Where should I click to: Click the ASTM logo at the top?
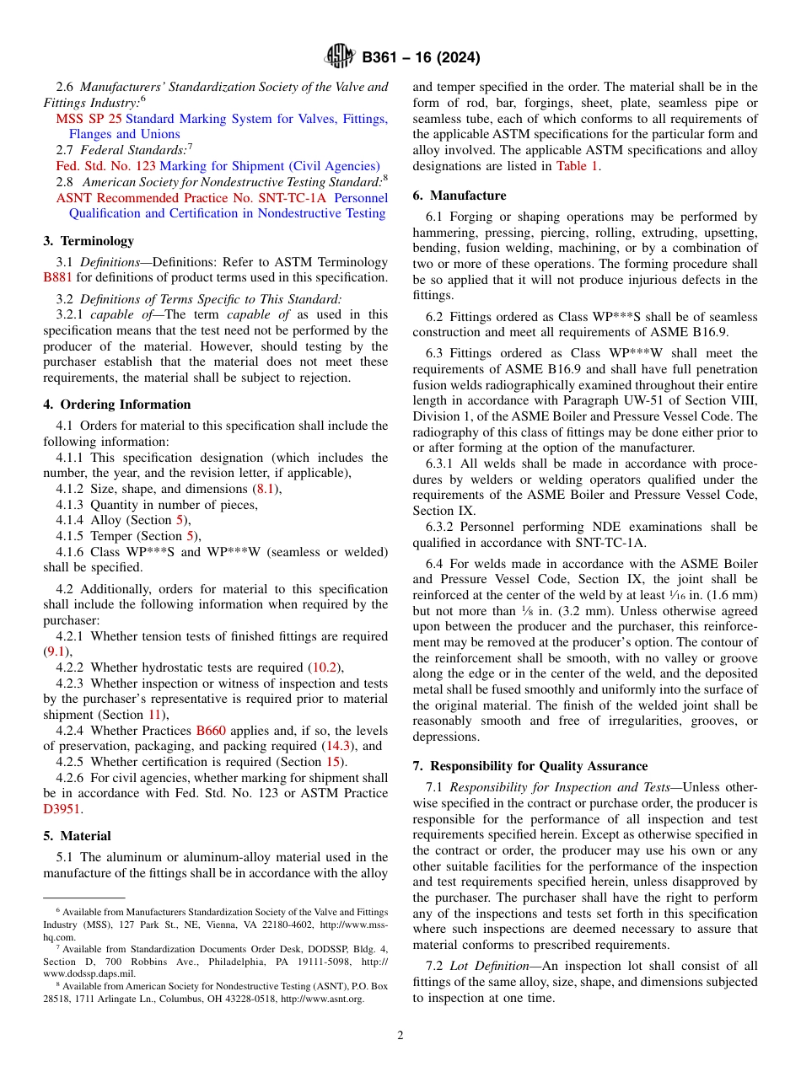coord(340,57)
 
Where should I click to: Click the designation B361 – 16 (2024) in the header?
coord(421,58)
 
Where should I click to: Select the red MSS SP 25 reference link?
coord(89,119)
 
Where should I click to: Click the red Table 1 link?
coord(577,166)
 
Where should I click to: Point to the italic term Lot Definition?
coord(490,967)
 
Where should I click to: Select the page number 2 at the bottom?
coord(400,1036)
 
